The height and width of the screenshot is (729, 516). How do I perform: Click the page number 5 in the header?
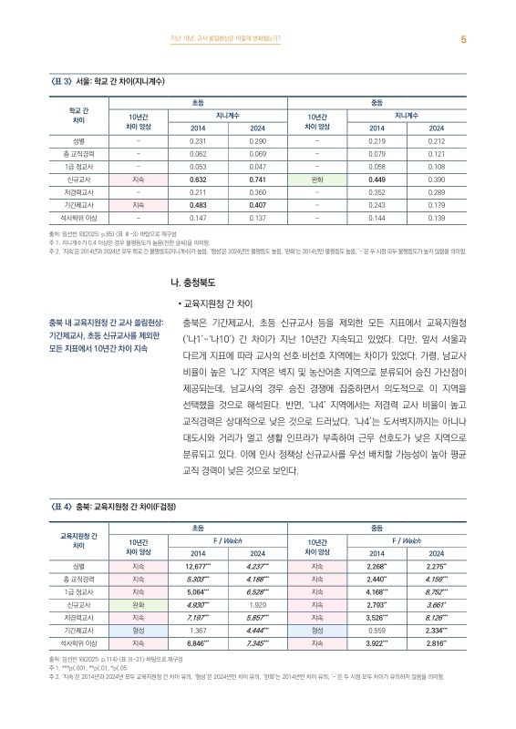pyautogui.click(x=464, y=39)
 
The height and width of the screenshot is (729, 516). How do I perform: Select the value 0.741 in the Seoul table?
pyautogui.click(x=257, y=180)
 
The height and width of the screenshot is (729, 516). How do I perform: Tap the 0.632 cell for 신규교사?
pyautogui.click(x=199, y=180)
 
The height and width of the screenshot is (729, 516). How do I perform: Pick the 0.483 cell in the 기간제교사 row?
pyautogui.click(x=199, y=206)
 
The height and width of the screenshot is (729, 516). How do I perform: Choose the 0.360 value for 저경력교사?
pyautogui.click(x=257, y=193)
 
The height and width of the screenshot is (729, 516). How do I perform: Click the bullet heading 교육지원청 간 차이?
pyautogui.click(x=218, y=302)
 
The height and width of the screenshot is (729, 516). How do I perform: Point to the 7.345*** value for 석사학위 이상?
pyautogui.click(x=257, y=643)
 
